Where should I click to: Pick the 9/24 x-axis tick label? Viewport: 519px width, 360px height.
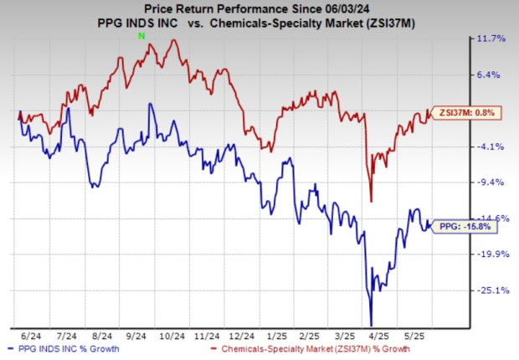[x=149, y=333]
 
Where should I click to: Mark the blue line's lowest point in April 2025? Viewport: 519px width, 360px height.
[x=371, y=325]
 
